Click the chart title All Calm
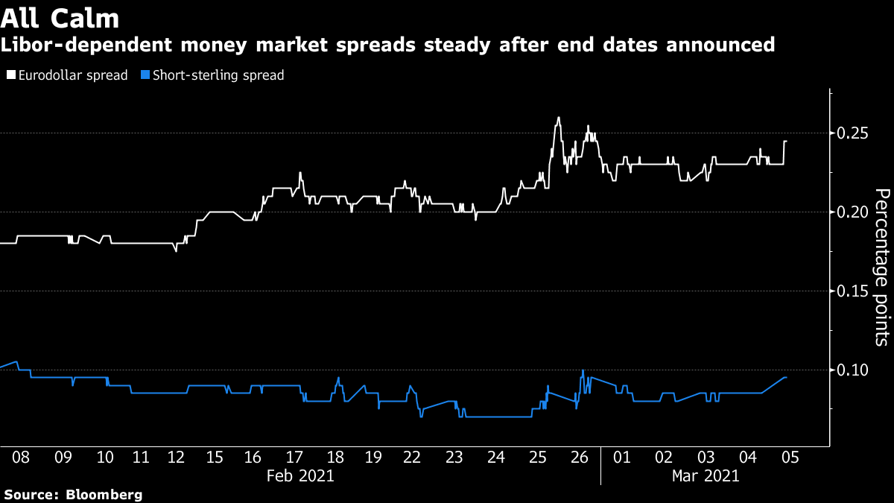click(x=59, y=16)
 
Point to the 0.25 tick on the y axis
click(x=851, y=133)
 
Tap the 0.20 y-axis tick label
click(x=851, y=212)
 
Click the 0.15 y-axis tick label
click(x=851, y=291)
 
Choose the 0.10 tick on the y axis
click(x=851, y=370)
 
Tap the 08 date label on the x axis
click(x=21, y=458)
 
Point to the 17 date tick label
click(x=295, y=458)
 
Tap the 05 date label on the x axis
click(x=790, y=458)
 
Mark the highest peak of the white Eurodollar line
click(x=559, y=118)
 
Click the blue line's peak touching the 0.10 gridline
click(x=583, y=370)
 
